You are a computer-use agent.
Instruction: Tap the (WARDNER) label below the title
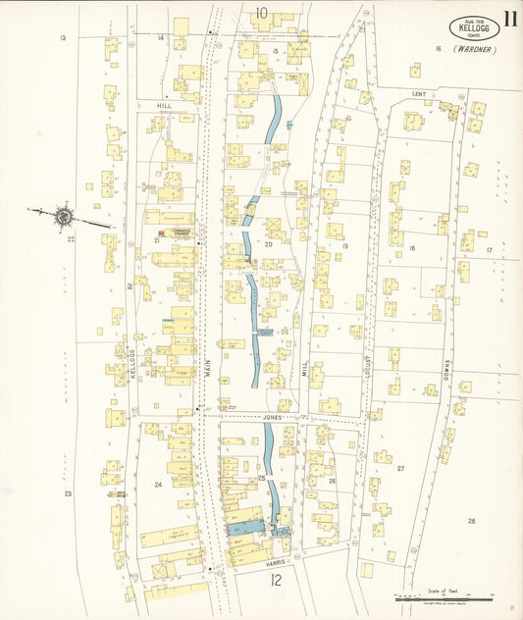(x=475, y=49)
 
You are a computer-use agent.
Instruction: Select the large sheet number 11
(x=511, y=18)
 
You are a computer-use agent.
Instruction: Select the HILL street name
(x=163, y=105)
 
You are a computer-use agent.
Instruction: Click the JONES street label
(x=272, y=417)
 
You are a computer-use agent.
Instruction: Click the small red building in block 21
(x=162, y=232)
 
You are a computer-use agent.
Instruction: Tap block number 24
(x=157, y=485)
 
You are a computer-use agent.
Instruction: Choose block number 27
(x=400, y=469)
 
